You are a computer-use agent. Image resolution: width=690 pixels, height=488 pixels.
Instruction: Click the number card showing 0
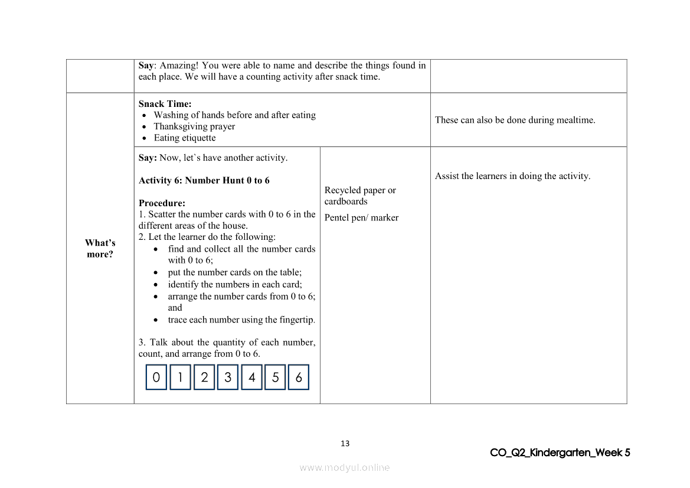pos(156,378)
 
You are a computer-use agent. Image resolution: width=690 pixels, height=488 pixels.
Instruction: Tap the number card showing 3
pos(228,378)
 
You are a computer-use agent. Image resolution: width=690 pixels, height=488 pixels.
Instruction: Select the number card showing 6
pos(299,378)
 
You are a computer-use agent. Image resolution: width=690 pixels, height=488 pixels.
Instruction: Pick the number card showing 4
pos(251,378)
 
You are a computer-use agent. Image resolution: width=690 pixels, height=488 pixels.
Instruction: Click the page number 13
pos(345,444)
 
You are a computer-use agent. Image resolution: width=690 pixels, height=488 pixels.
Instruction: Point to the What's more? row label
pos(100,249)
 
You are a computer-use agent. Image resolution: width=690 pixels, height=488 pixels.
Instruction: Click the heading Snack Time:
pos(165,104)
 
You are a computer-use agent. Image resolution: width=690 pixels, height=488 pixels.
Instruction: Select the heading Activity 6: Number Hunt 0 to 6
pos(204,180)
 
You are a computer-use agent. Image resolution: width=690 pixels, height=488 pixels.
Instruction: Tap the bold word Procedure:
pos(162,203)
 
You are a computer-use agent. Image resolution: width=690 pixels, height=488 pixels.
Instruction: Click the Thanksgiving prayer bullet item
pos(194,126)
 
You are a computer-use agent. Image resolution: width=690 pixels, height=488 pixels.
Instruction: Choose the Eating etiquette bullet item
pos(185,138)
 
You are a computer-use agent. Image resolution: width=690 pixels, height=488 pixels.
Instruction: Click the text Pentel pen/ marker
pos(361,217)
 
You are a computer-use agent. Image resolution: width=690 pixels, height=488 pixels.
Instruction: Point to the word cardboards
pos(346,201)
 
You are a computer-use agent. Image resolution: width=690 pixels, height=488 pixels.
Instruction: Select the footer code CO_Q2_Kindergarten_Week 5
pos(560,453)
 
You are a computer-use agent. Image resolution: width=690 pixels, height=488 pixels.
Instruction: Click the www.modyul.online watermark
pos(345,467)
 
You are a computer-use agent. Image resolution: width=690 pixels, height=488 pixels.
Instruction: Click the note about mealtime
pos(515,120)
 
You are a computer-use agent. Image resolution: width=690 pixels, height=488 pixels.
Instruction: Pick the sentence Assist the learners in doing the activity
pos(512,176)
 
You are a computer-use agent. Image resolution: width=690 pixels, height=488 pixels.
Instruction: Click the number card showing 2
pos(204,378)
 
